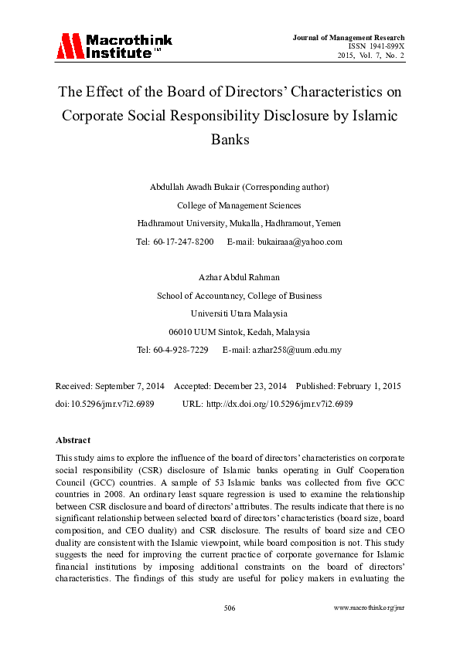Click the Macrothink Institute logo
pos(114,46)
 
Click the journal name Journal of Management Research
pos(349,38)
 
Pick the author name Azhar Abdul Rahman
pos(230,277)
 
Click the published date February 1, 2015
pos(365,385)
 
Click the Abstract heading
pos(73,440)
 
